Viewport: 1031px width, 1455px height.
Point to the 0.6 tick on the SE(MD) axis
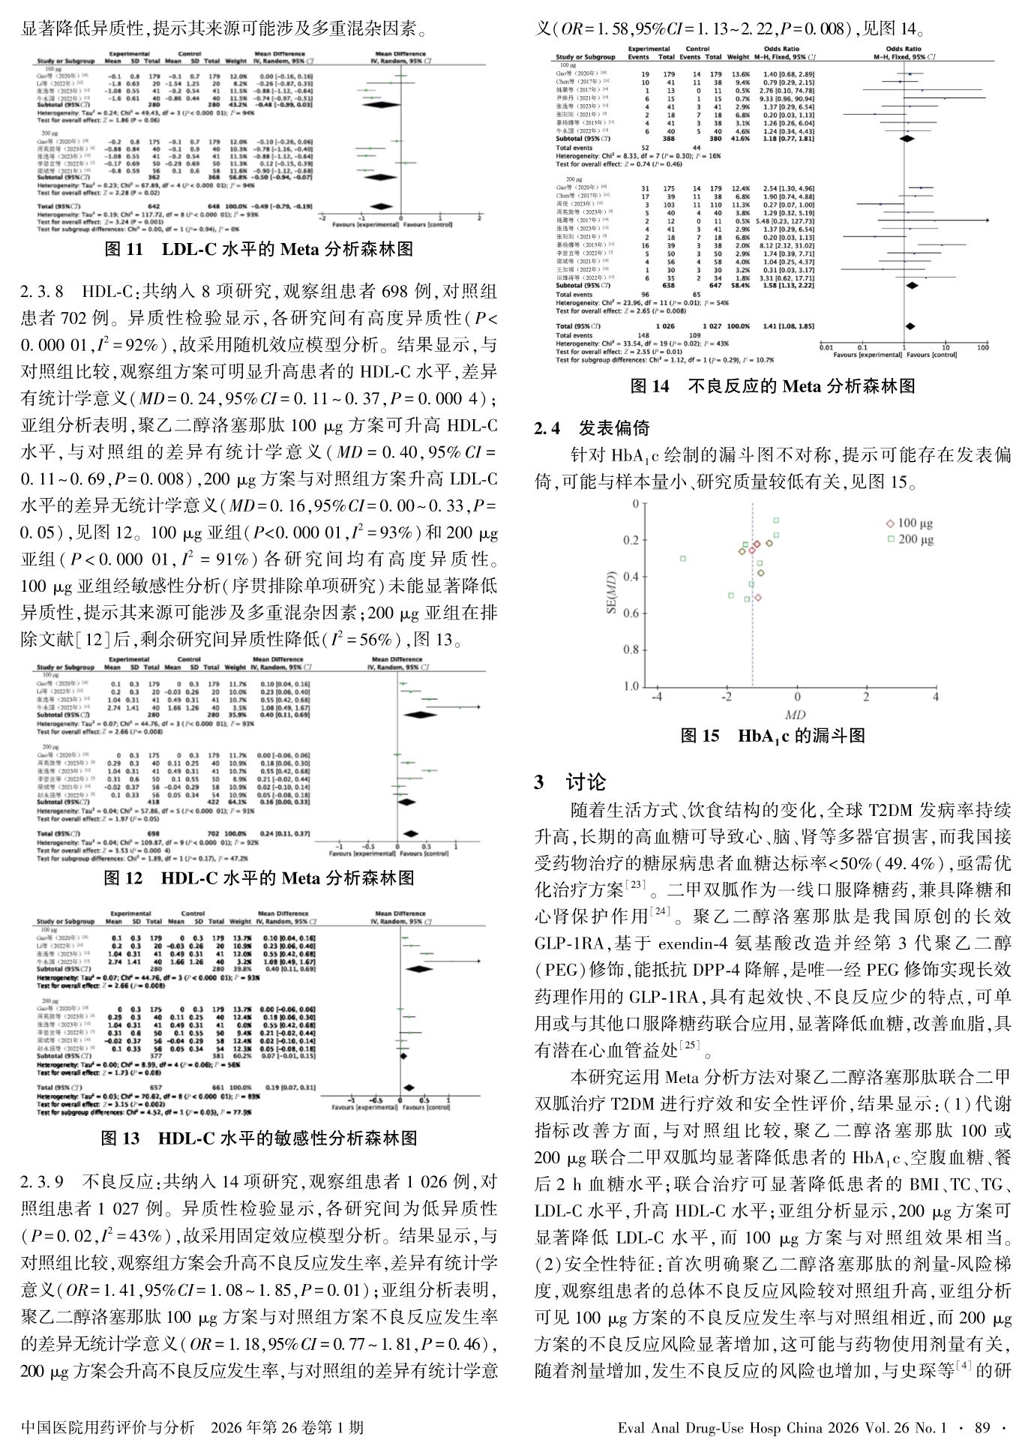pos(631,613)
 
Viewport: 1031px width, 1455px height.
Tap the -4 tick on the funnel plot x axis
pos(657,697)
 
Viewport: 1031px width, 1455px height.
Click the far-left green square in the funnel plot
pos(683,559)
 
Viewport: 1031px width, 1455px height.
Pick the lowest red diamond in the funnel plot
pos(758,598)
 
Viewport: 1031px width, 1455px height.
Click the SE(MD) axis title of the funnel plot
pos(611,594)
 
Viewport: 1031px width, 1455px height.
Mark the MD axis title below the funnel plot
pos(795,715)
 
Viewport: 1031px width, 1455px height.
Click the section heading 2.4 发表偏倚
pos(592,428)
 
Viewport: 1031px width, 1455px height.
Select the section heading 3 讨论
pos(571,782)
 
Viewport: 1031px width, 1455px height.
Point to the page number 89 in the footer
pos(982,1427)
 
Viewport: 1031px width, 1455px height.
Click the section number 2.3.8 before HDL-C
pos(42,292)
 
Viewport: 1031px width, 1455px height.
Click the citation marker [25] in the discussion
pos(690,1045)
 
